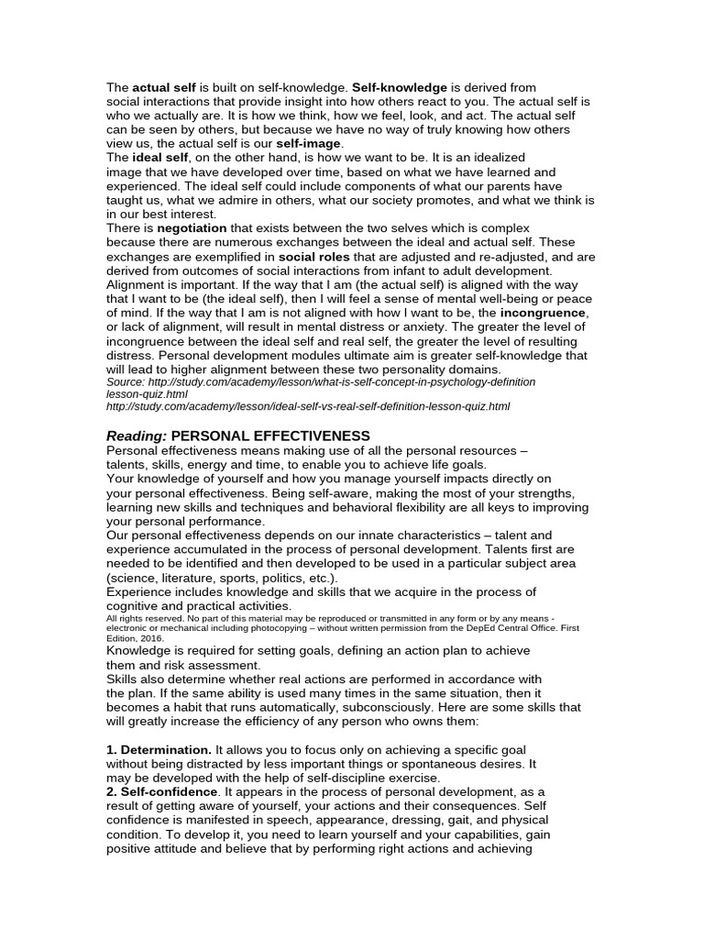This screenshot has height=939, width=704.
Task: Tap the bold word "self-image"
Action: tap(309, 144)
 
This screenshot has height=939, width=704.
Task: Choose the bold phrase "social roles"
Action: tap(314, 256)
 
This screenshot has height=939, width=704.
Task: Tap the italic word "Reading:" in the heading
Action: tap(137, 436)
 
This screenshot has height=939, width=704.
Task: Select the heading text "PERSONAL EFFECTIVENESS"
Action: tap(271, 436)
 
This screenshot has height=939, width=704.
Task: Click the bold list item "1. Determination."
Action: tap(159, 750)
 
